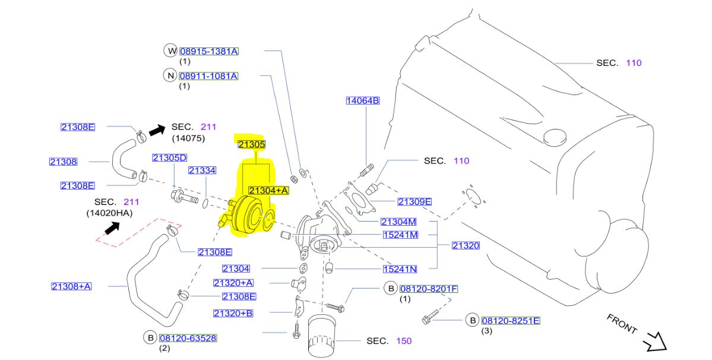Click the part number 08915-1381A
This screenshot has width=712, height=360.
(x=208, y=51)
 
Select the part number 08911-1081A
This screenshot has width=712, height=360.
(x=208, y=76)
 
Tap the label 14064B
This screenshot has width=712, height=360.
(x=362, y=101)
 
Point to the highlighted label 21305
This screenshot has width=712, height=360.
(x=251, y=144)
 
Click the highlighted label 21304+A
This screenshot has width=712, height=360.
(x=268, y=190)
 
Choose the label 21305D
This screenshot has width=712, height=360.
(x=169, y=157)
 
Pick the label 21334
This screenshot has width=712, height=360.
(x=202, y=170)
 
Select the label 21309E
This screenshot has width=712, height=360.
(x=414, y=201)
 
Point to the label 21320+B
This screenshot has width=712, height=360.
(x=233, y=313)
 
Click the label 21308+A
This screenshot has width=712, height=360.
(x=71, y=286)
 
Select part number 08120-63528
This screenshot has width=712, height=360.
(x=188, y=338)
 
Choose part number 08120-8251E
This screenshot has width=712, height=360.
(x=510, y=321)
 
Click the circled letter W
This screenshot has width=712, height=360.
(x=170, y=51)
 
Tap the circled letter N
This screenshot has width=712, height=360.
(x=170, y=76)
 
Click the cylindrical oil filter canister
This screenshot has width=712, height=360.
(x=323, y=337)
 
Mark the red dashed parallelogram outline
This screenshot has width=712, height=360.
(x=138, y=232)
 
